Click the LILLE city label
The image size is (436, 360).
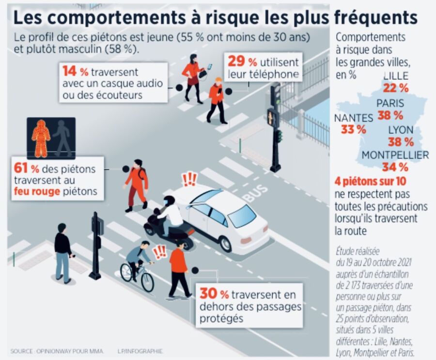[395, 76]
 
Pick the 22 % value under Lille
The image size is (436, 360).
[395, 88]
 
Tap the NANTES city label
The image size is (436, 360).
[353, 118]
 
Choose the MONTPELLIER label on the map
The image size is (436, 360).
[395, 155]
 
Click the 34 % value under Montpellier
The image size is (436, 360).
[395, 168]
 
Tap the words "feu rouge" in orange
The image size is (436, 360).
[36, 192]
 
